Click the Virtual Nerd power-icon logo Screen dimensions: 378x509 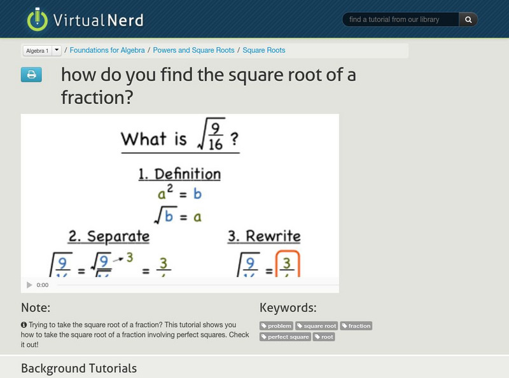pos(38,19)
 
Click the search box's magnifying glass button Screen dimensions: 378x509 pos(468,20)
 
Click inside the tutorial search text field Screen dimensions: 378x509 pos(401,20)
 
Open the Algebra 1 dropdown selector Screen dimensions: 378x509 pos(41,50)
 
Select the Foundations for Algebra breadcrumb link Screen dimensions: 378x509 pos(107,50)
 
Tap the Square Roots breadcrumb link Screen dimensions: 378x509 pos(263,50)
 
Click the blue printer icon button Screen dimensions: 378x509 pos(31,75)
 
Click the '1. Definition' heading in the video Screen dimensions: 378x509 pos(179,174)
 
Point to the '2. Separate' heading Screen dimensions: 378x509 pos(109,237)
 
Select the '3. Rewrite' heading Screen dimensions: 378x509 pos(264,237)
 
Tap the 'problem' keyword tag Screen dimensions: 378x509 pos(277,326)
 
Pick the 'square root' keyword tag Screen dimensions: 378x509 pos(316,326)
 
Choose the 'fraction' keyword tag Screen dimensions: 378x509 pos(356,326)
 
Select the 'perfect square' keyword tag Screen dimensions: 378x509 pos(285,337)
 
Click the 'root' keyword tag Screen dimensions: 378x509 pos(324,337)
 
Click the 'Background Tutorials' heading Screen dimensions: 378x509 pos(78,368)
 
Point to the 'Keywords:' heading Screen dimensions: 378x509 pos(288,307)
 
